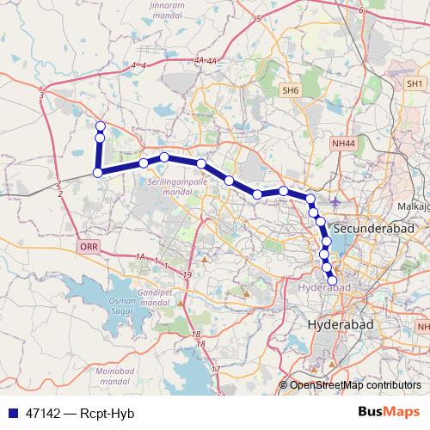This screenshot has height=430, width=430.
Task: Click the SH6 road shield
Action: pos(289,89)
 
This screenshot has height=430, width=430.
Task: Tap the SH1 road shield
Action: pos(415,83)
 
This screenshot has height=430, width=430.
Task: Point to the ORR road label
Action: pos(88,246)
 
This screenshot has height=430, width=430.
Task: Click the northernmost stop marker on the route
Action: pos(100,127)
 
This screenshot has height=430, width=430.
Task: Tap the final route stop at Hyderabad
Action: pos(333,280)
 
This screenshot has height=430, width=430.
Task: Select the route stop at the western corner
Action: pos(98,173)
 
